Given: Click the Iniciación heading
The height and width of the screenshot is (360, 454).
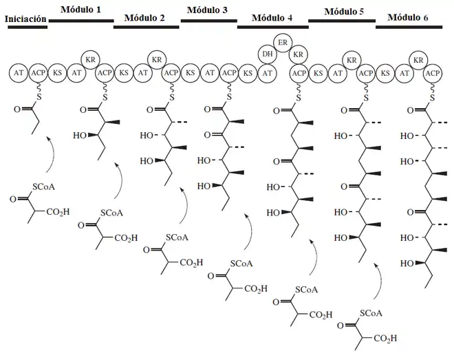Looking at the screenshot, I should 25,19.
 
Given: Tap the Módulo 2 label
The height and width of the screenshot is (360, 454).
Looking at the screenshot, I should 144,18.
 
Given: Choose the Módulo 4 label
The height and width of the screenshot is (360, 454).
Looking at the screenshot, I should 272,19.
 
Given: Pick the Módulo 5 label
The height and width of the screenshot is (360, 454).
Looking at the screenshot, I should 344,10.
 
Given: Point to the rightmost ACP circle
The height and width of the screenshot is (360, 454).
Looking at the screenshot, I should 433,72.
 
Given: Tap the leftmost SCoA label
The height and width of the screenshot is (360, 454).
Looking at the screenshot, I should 45,187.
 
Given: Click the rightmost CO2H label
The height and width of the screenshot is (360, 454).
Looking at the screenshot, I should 382,339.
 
